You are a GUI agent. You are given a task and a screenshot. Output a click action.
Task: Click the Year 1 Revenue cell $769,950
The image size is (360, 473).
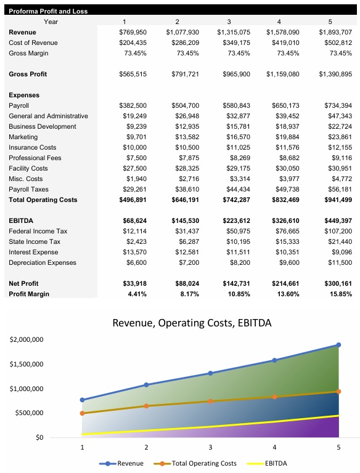tap(133, 32)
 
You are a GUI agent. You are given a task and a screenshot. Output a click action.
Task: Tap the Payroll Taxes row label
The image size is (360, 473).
tap(28, 189)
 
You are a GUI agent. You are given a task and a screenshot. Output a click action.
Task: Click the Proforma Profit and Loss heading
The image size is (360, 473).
tap(48, 11)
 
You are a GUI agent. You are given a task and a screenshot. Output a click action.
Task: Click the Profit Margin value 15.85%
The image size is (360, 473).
tap(339, 294)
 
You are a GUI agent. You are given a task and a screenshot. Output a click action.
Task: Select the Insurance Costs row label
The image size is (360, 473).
tap(32, 147)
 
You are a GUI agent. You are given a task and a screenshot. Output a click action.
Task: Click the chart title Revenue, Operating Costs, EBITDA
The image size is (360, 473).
tap(192, 323)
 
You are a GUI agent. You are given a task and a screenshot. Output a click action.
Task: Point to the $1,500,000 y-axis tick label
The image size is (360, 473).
tap(27, 364)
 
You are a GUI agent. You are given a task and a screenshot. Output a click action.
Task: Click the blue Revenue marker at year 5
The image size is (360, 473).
tap(338, 345)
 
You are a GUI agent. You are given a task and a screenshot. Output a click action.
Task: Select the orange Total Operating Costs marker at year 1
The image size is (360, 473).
tap(82, 413)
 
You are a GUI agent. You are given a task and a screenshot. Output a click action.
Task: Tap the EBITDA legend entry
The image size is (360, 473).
tap(267, 463)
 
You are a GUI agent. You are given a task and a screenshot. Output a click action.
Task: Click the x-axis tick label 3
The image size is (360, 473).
tap(210, 448)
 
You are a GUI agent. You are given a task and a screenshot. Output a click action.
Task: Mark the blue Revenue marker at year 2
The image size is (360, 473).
tap(146, 385)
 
